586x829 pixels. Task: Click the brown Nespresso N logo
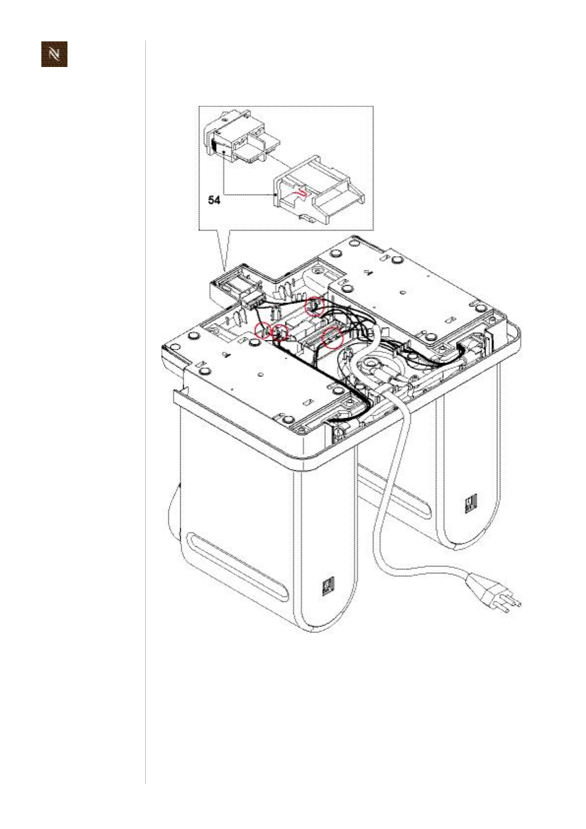54,54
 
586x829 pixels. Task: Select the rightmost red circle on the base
332,338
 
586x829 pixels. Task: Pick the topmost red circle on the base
314,307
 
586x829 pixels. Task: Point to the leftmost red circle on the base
262,331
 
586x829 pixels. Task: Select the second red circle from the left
281,333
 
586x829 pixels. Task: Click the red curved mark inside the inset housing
301,194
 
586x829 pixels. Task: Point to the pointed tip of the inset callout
225,270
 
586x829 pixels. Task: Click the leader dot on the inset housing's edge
275,195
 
